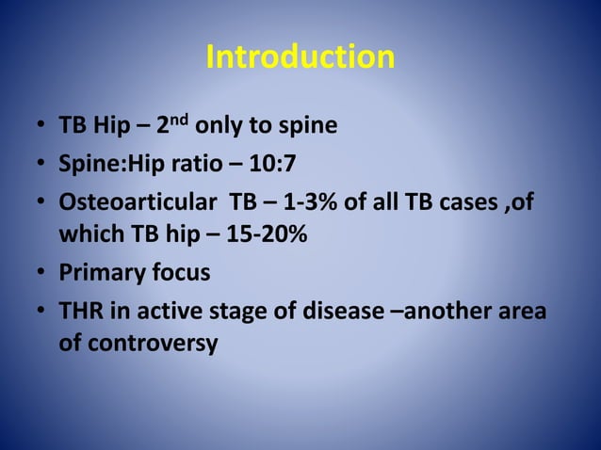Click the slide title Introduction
click(300, 57)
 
